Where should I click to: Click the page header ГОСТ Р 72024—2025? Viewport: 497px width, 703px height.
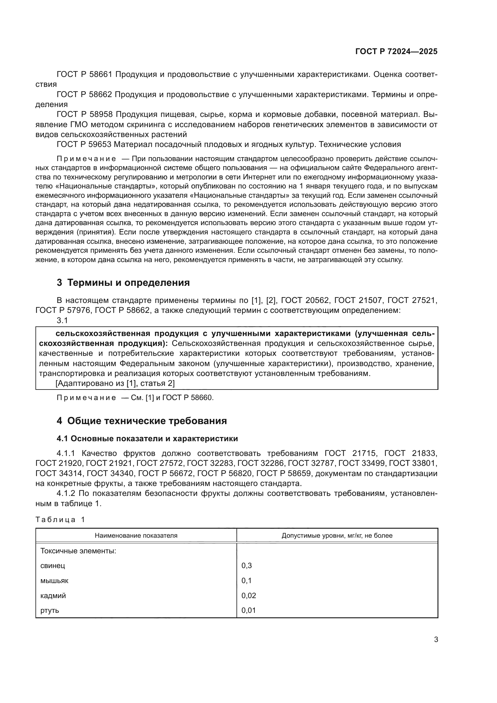click(396, 51)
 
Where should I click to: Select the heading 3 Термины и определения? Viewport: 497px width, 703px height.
click(123, 283)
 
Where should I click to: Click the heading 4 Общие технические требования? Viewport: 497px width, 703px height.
click(142, 421)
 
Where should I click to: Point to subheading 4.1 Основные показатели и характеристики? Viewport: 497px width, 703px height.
click(147, 439)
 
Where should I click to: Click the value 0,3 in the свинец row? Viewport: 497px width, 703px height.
click(246, 566)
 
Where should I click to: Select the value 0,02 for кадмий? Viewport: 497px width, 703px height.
click(248, 595)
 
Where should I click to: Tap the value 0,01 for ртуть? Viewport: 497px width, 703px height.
click(248, 610)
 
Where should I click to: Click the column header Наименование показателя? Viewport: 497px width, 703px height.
click(136, 536)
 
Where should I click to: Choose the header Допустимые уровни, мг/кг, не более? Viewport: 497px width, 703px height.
click(337, 536)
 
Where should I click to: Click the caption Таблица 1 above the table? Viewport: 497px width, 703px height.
click(60, 520)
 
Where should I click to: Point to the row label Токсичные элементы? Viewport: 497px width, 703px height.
click(78, 551)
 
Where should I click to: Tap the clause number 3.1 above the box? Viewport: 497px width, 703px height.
click(62, 320)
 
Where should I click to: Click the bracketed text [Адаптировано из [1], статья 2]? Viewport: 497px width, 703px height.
click(115, 383)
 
